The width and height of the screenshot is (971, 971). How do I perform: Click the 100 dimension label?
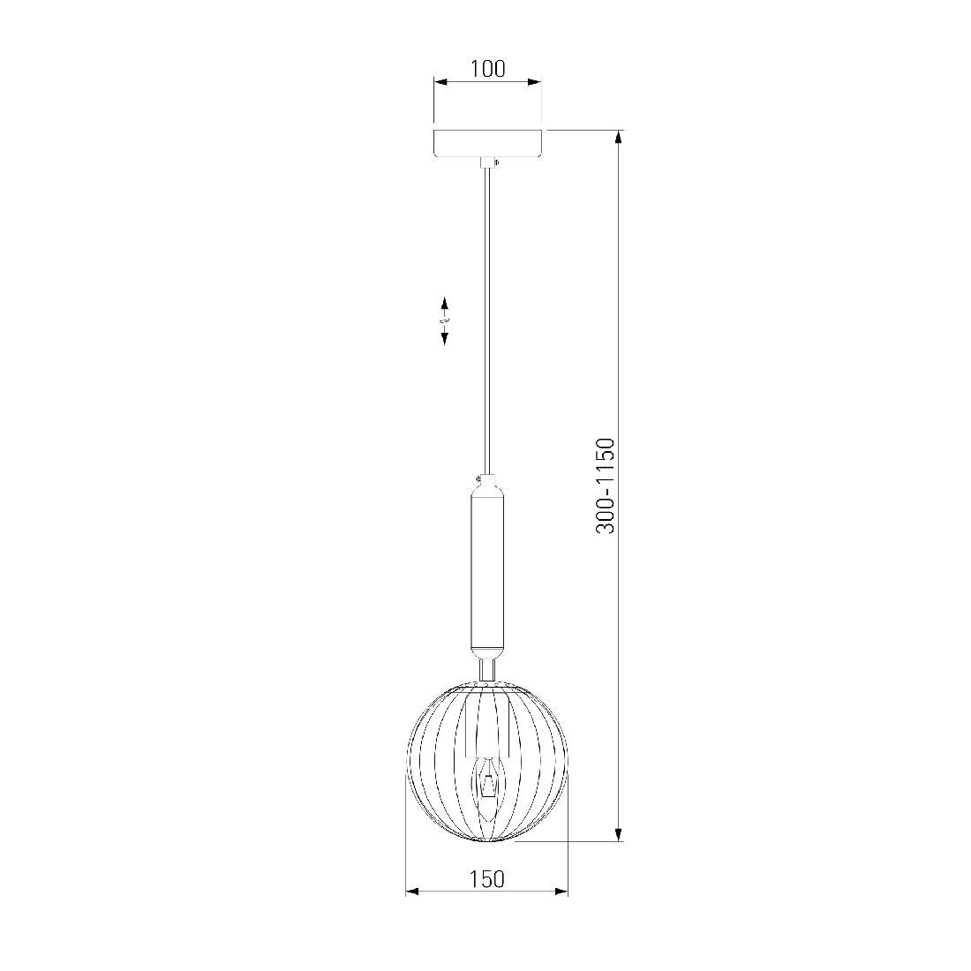(x=487, y=68)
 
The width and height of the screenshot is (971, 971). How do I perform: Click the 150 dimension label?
(x=486, y=878)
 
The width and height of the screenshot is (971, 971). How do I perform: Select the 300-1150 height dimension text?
(x=605, y=485)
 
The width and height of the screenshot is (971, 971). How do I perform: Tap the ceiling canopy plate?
(x=488, y=144)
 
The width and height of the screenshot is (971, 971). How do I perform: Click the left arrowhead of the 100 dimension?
(x=440, y=82)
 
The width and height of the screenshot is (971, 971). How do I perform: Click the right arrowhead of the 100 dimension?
(x=534, y=82)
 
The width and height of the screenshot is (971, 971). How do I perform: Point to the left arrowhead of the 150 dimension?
(x=413, y=892)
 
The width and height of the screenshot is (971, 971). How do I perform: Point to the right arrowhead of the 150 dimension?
(x=561, y=892)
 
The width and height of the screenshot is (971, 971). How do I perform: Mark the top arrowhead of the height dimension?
(x=618, y=138)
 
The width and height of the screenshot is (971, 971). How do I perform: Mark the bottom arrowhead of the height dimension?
(x=618, y=833)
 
